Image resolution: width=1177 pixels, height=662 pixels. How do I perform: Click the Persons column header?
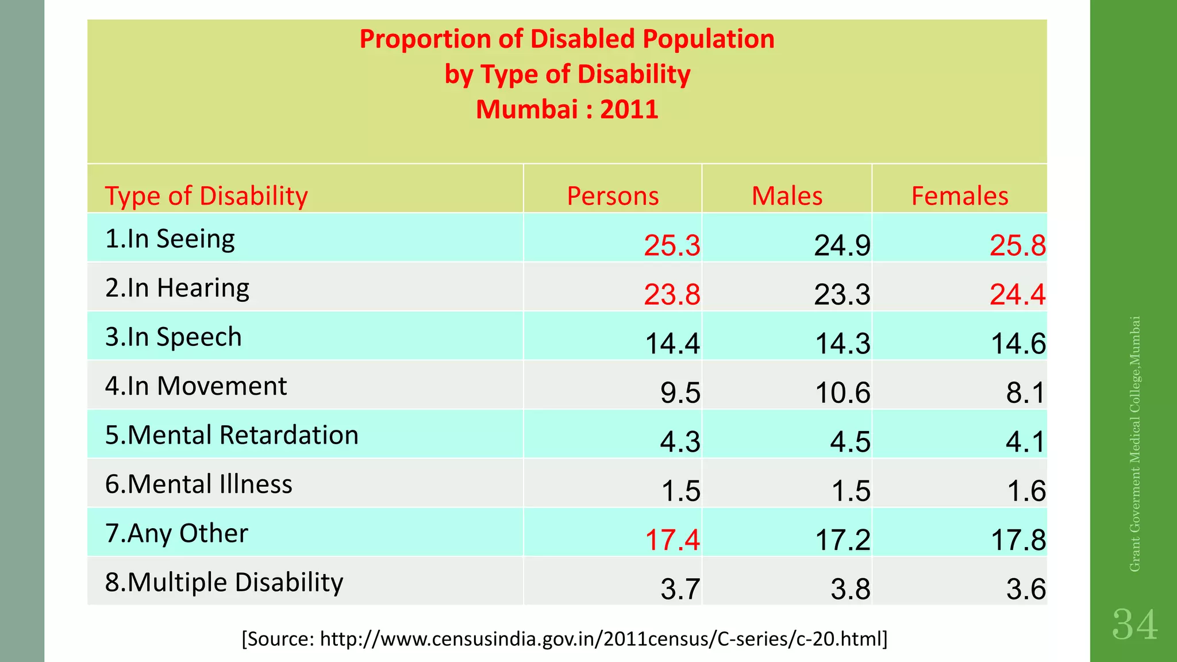click(613, 196)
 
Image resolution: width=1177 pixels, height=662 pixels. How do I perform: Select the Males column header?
click(787, 196)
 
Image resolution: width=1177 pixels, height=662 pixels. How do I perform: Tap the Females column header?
click(959, 196)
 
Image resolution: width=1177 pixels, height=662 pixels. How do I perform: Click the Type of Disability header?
click(206, 196)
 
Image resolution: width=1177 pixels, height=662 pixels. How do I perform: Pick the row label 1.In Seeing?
click(170, 238)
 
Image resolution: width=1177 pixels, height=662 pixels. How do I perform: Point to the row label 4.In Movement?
click(196, 386)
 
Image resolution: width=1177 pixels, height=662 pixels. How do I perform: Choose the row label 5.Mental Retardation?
click(232, 435)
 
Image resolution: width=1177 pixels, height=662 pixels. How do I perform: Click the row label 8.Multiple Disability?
click(224, 582)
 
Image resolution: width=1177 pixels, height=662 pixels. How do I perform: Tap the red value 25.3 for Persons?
click(672, 245)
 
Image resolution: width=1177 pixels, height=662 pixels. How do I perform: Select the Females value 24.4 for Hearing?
click(1017, 295)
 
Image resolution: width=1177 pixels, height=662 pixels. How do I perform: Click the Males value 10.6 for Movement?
click(843, 393)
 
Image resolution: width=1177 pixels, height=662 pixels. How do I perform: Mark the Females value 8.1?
click(1025, 393)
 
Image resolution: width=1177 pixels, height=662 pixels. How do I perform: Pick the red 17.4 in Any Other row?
click(672, 540)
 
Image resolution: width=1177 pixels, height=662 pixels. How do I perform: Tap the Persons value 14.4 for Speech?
click(672, 344)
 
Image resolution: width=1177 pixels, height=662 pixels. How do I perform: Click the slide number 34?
click(1134, 625)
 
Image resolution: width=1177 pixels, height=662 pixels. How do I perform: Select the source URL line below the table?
click(564, 638)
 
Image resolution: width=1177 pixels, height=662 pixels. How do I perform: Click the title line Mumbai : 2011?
click(567, 109)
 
